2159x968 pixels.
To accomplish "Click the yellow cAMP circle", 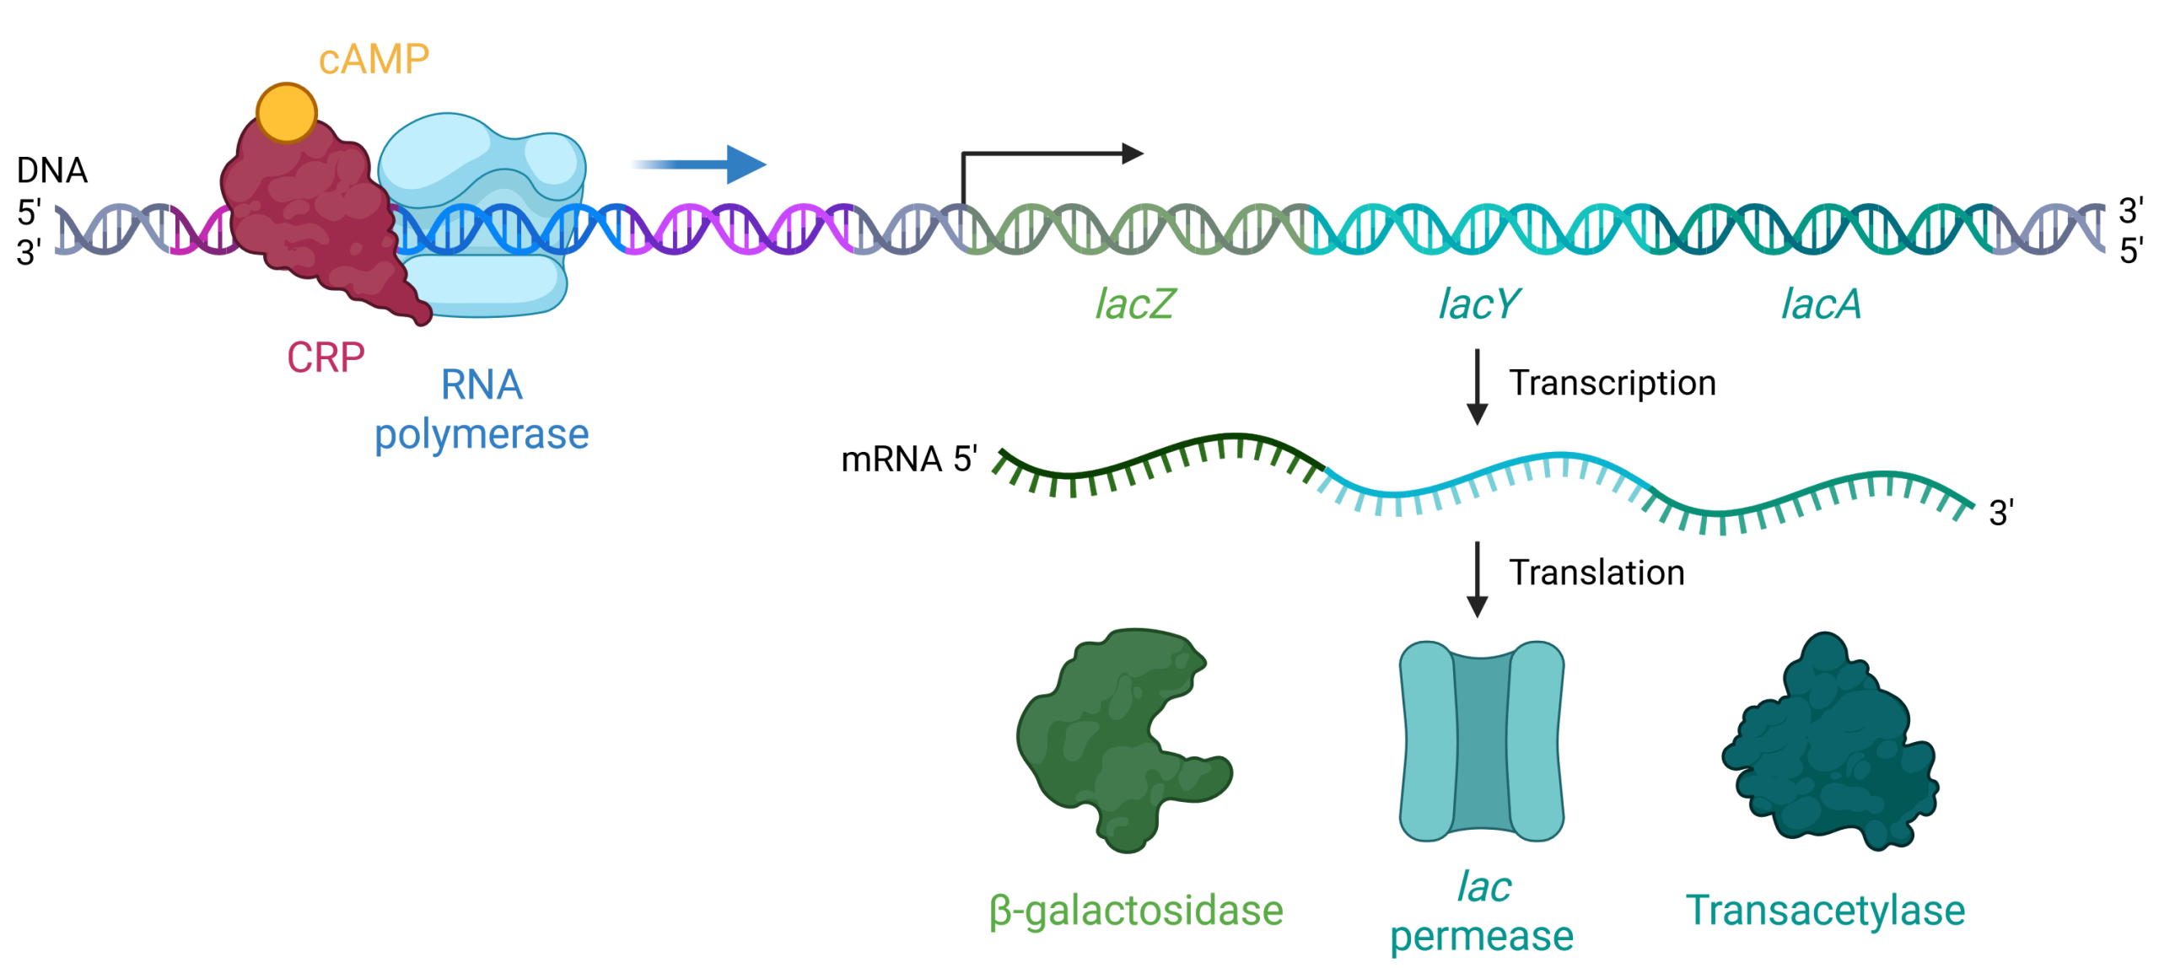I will (x=286, y=112).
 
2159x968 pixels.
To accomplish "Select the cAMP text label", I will (x=374, y=60).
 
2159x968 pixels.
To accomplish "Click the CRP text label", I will (x=326, y=358).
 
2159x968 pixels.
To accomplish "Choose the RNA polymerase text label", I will (x=482, y=410).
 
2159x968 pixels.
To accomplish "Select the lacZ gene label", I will (x=1134, y=304).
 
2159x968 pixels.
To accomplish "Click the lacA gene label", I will (x=1821, y=304).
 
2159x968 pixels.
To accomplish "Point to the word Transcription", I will (x=1612, y=384).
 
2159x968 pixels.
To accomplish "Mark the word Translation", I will (x=1596, y=573).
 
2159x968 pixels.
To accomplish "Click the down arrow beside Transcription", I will (x=1477, y=387).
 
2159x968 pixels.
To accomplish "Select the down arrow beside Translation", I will (x=1477, y=579).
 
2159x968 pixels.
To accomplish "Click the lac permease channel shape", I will (x=1482, y=741).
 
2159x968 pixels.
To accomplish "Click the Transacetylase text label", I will (x=1825, y=912).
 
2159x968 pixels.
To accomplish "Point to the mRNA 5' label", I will (x=909, y=460).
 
